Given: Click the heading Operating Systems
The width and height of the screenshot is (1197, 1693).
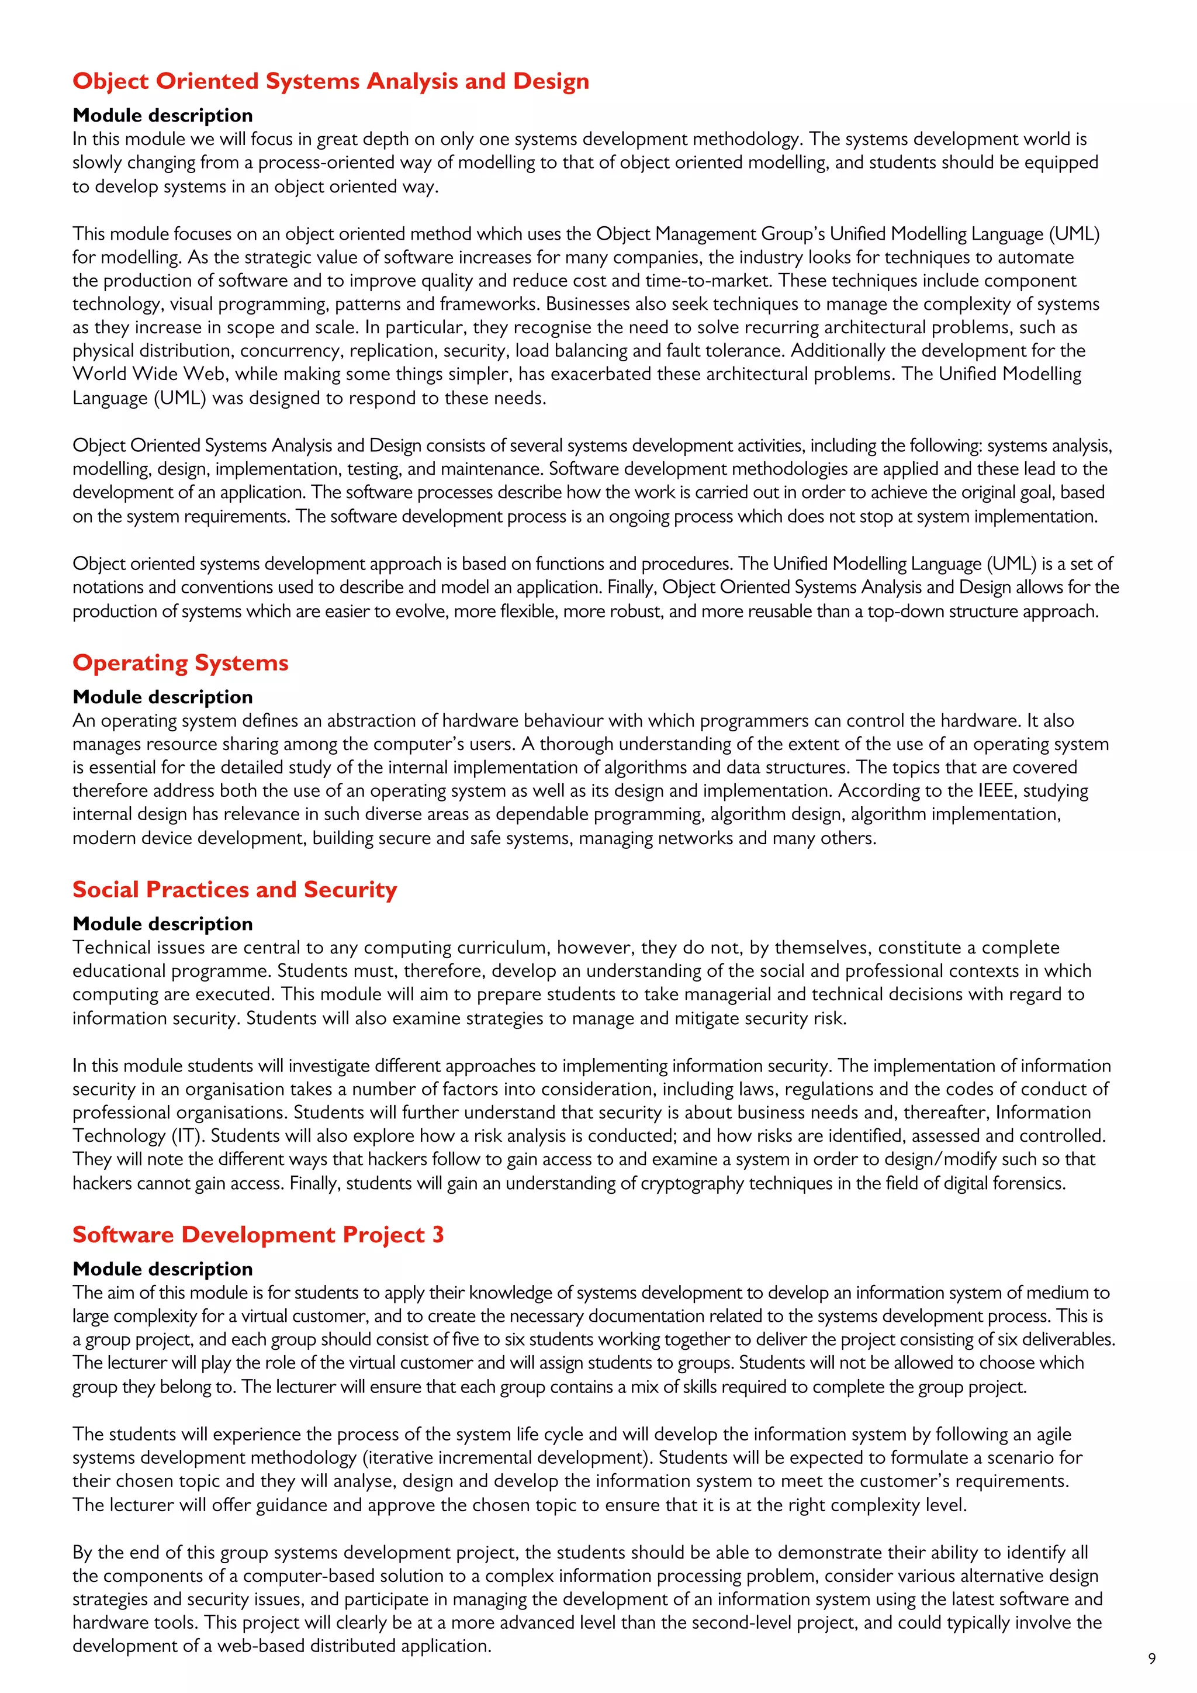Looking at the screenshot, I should [180, 663].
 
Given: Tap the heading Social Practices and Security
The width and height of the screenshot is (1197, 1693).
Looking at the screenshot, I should [234, 890].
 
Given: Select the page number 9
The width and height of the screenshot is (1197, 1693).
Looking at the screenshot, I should [1152, 1659].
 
